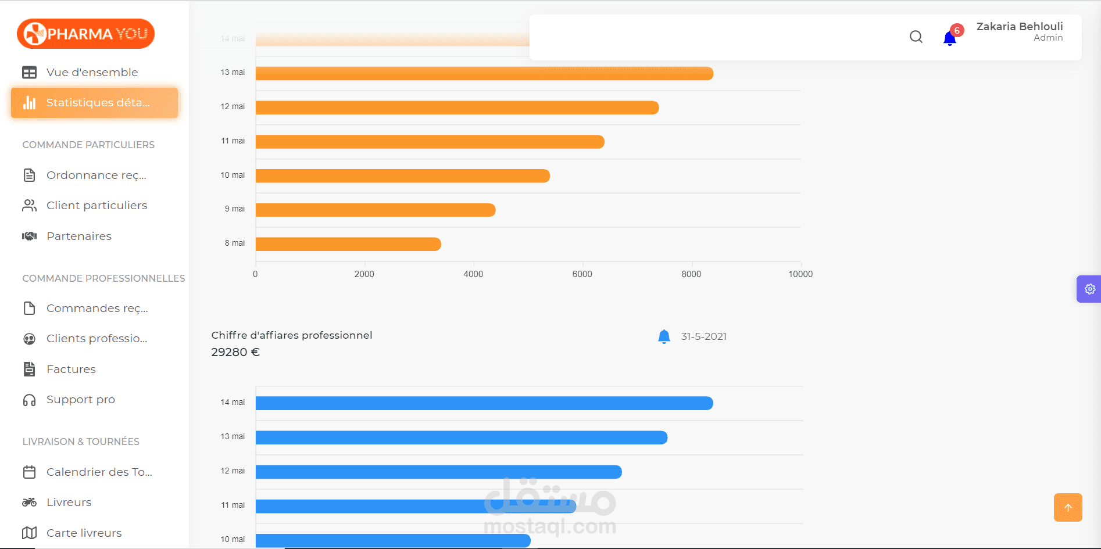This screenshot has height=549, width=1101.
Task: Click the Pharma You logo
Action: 86,34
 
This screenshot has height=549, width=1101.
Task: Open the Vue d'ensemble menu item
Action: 92,73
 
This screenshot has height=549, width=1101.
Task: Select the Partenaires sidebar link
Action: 78,236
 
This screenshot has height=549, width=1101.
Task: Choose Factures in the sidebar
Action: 71,369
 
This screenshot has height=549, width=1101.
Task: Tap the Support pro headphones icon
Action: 29,400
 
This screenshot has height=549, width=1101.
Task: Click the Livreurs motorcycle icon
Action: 29,503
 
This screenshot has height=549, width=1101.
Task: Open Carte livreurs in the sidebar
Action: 84,533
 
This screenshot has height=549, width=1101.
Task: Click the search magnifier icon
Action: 916,37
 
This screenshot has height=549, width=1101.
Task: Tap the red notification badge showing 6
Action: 957,31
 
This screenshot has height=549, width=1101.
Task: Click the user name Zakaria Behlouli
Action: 1019,27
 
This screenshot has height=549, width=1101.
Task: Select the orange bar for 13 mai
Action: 484,74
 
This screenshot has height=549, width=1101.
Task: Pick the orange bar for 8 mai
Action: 348,244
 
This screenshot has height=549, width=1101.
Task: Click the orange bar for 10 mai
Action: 402,176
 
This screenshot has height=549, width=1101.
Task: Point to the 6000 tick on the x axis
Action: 582,274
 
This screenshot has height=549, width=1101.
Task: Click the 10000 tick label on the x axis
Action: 800,274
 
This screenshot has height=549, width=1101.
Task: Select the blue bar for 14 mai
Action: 484,403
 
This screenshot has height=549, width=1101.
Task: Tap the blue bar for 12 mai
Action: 438,472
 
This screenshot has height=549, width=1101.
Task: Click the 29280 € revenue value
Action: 235,353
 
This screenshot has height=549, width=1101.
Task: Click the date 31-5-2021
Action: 703,337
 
